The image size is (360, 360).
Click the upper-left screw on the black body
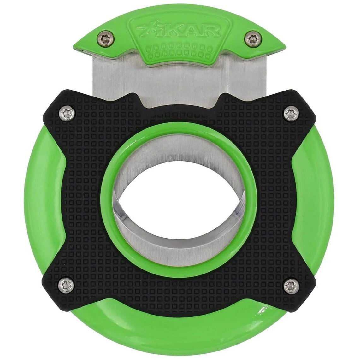tap(67, 112)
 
